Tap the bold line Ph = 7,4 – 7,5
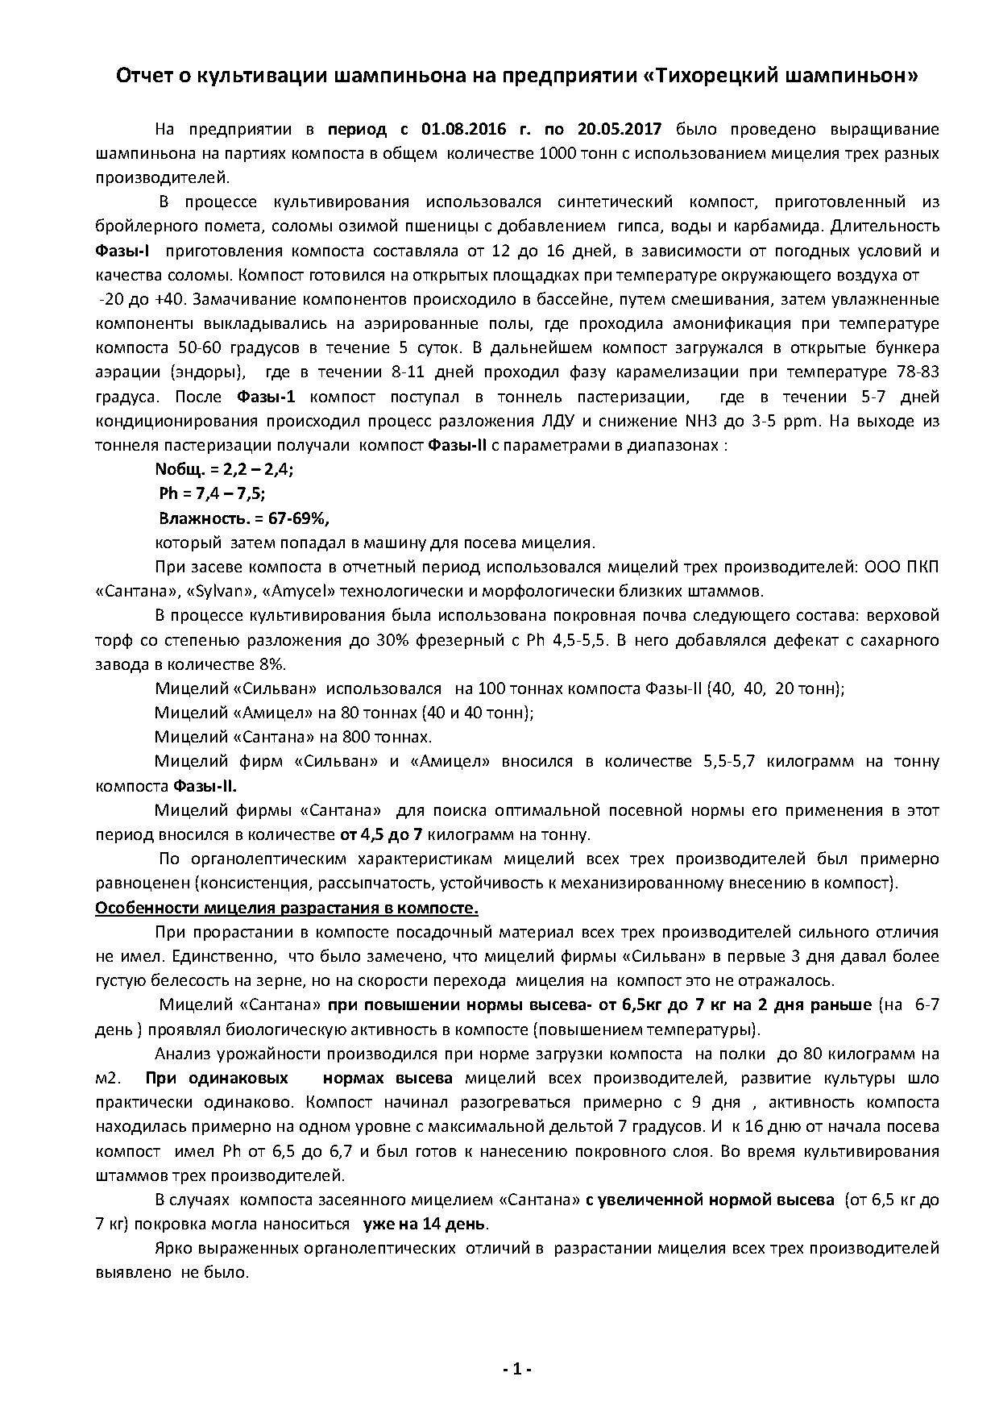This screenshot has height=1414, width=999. pyautogui.click(x=212, y=493)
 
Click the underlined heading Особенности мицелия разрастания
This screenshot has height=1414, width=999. pyautogui.click(x=287, y=908)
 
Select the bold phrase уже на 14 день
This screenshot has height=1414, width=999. pyautogui.click(x=425, y=1224)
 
